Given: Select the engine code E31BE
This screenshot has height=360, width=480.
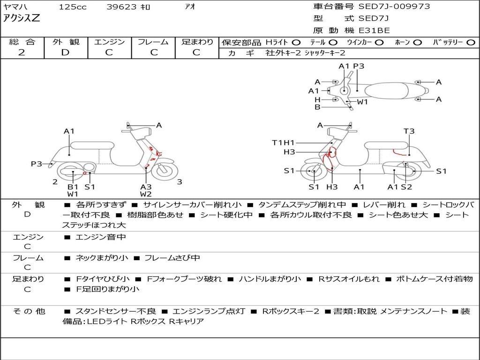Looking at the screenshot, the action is [374, 30].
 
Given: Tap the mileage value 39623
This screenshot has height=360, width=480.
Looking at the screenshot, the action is [121, 7].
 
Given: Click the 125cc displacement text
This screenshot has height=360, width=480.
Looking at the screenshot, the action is [72, 7].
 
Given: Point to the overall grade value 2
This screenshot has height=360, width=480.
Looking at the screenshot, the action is [22, 52].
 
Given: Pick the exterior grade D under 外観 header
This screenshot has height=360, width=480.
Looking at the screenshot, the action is [65, 52].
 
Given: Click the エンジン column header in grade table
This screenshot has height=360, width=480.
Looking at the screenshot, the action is [109, 42].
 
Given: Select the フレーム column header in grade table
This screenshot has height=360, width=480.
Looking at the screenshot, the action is [153, 42].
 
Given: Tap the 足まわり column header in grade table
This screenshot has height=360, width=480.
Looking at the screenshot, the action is [197, 42].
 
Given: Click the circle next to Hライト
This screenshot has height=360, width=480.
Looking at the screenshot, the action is [296, 43].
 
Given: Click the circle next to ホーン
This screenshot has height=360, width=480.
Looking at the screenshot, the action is [418, 43].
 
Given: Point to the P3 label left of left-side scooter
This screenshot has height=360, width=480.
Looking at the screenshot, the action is [37, 164].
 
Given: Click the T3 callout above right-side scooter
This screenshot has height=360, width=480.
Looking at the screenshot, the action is [409, 131].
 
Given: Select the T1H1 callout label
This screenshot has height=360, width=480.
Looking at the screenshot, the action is [284, 142].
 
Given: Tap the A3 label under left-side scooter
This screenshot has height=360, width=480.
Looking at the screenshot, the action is [146, 187].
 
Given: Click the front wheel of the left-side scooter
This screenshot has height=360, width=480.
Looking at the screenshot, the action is [166, 171].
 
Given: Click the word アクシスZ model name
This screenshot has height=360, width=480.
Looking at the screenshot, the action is [22, 19].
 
